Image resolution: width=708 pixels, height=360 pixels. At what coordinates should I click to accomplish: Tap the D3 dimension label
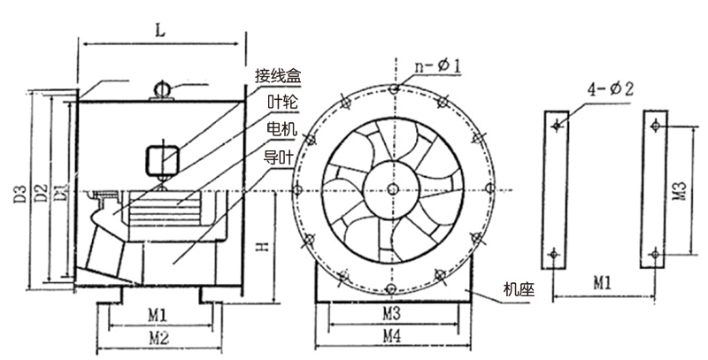(19, 193)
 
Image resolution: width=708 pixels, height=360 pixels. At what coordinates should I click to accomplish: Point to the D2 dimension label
(39, 193)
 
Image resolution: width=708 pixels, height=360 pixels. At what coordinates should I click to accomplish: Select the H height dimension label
(261, 249)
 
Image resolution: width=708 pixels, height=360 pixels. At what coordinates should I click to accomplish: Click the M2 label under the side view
(159, 337)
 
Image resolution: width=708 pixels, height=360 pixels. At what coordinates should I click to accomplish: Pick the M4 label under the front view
(390, 337)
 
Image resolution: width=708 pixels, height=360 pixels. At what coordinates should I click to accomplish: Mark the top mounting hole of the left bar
(556, 126)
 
